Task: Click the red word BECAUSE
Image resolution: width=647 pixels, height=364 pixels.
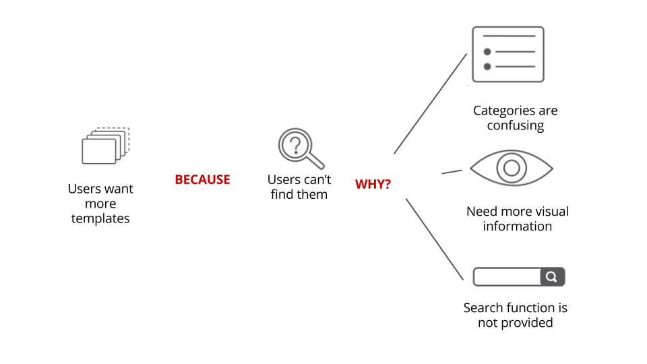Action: point(202,180)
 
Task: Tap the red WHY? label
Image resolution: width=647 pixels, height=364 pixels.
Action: point(373,184)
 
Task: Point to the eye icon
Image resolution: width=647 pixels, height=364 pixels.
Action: point(511,167)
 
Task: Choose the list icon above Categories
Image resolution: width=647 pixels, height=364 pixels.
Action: point(507,54)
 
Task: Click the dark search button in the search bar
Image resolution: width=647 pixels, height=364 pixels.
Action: point(552,276)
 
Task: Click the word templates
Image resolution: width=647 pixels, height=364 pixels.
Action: point(100,218)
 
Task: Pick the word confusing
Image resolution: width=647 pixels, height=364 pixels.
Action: point(515,125)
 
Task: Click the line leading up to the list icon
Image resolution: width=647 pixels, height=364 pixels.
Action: point(430,104)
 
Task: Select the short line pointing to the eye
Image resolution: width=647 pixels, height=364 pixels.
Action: point(452,172)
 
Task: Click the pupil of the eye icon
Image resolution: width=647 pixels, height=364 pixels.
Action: point(511,167)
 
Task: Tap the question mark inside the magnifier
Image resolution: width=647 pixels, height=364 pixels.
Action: point(295,144)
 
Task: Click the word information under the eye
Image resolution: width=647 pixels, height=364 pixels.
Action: point(517,226)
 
